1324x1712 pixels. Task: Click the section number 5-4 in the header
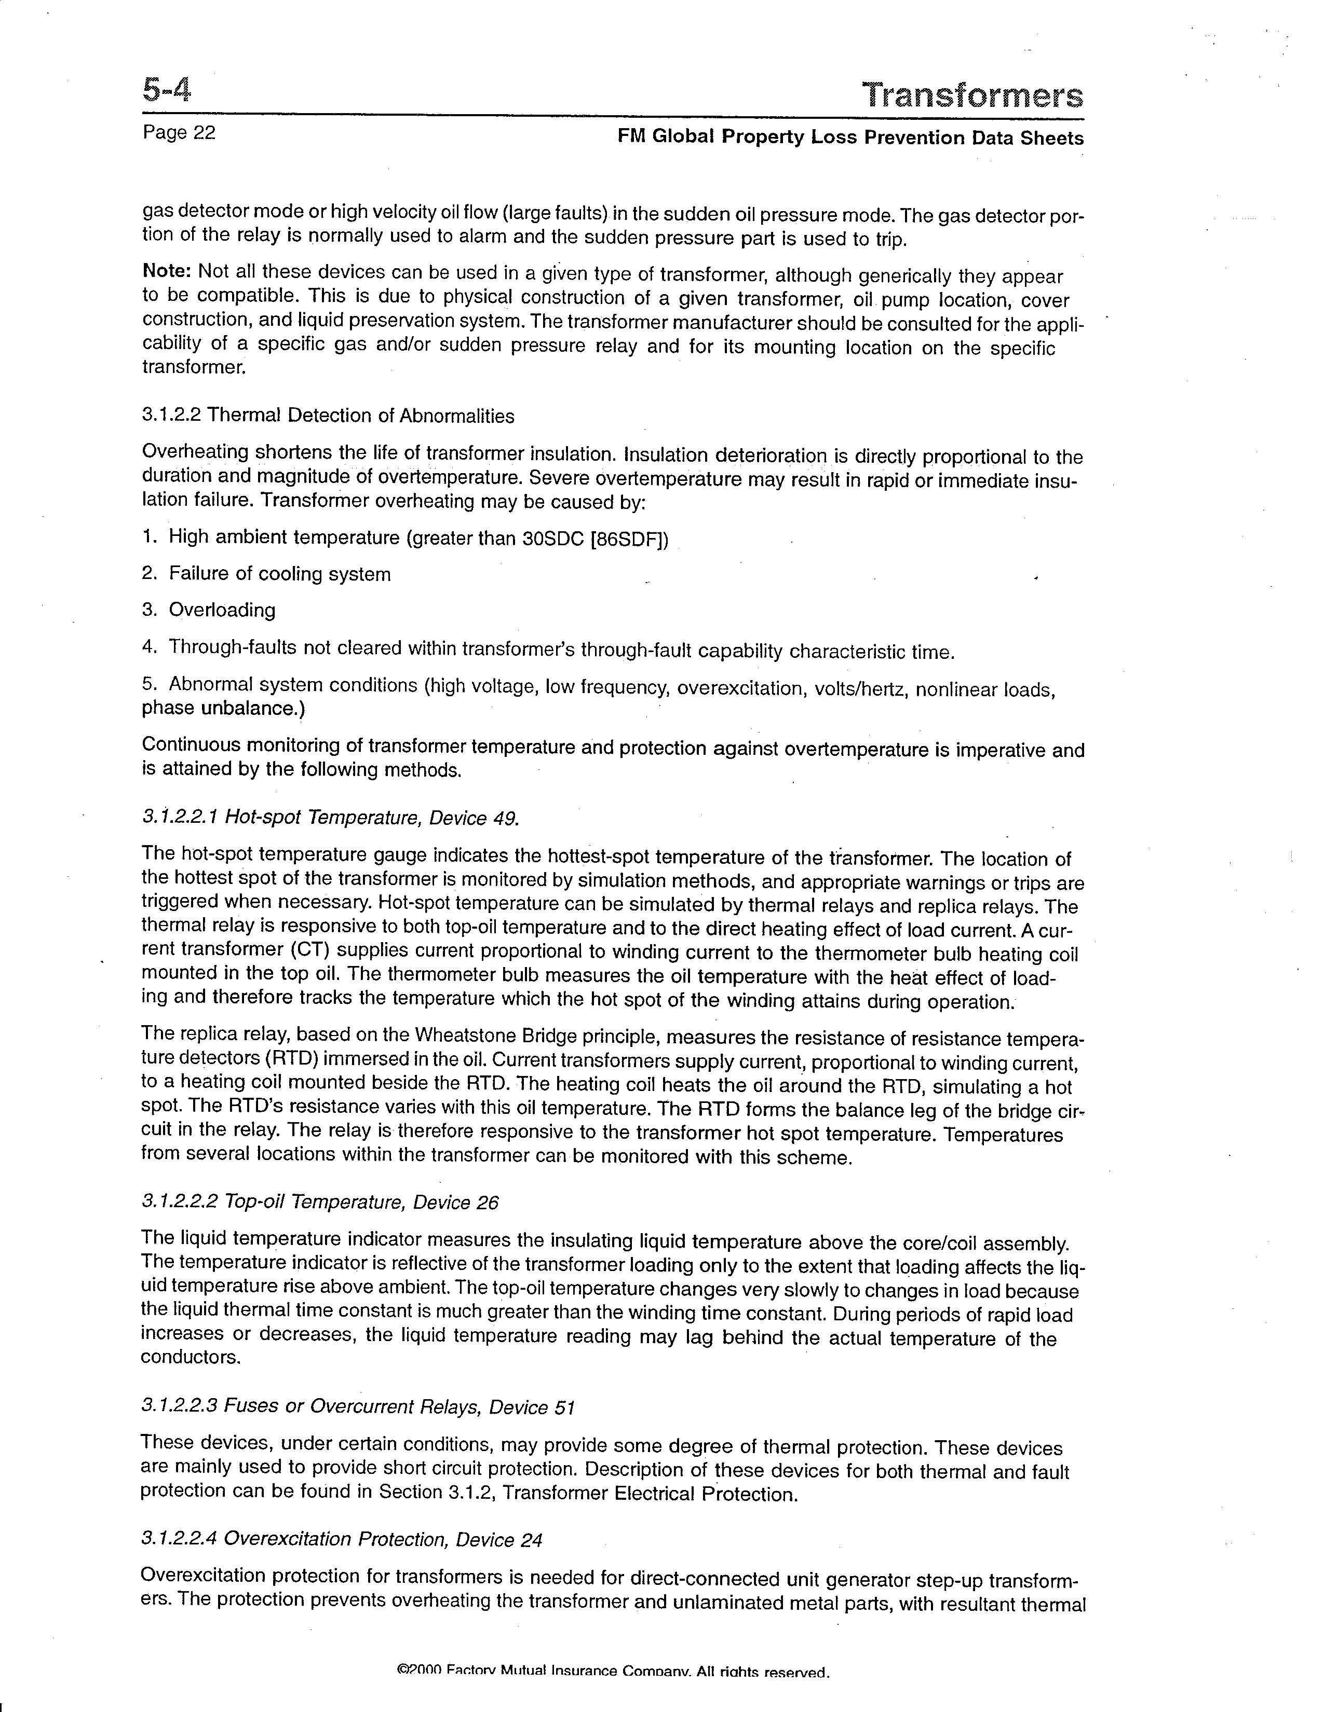[x=166, y=92]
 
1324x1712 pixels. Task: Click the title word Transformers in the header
[x=972, y=95]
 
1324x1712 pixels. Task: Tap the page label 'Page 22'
[x=179, y=132]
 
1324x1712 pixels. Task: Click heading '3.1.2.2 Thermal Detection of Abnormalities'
[x=328, y=416]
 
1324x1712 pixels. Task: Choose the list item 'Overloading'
[x=222, y=611]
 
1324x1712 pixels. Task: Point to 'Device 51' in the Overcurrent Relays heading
[x=533, y=1407]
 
